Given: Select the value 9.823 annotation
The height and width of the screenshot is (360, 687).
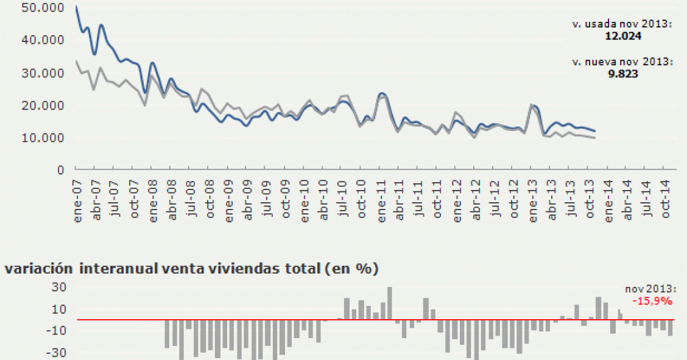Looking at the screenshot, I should [x=621, y=73].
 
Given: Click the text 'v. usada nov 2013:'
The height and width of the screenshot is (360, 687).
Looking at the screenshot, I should [x=621, y=24].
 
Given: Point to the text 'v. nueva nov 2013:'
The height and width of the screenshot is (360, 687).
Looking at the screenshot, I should [x=621, y=62].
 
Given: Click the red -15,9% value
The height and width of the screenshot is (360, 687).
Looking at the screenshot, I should [x=652, y=301].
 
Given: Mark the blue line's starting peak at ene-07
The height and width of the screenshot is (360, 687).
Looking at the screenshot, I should [x=76, y=7].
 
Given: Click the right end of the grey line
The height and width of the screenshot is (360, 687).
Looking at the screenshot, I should [x=595, y=138].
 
